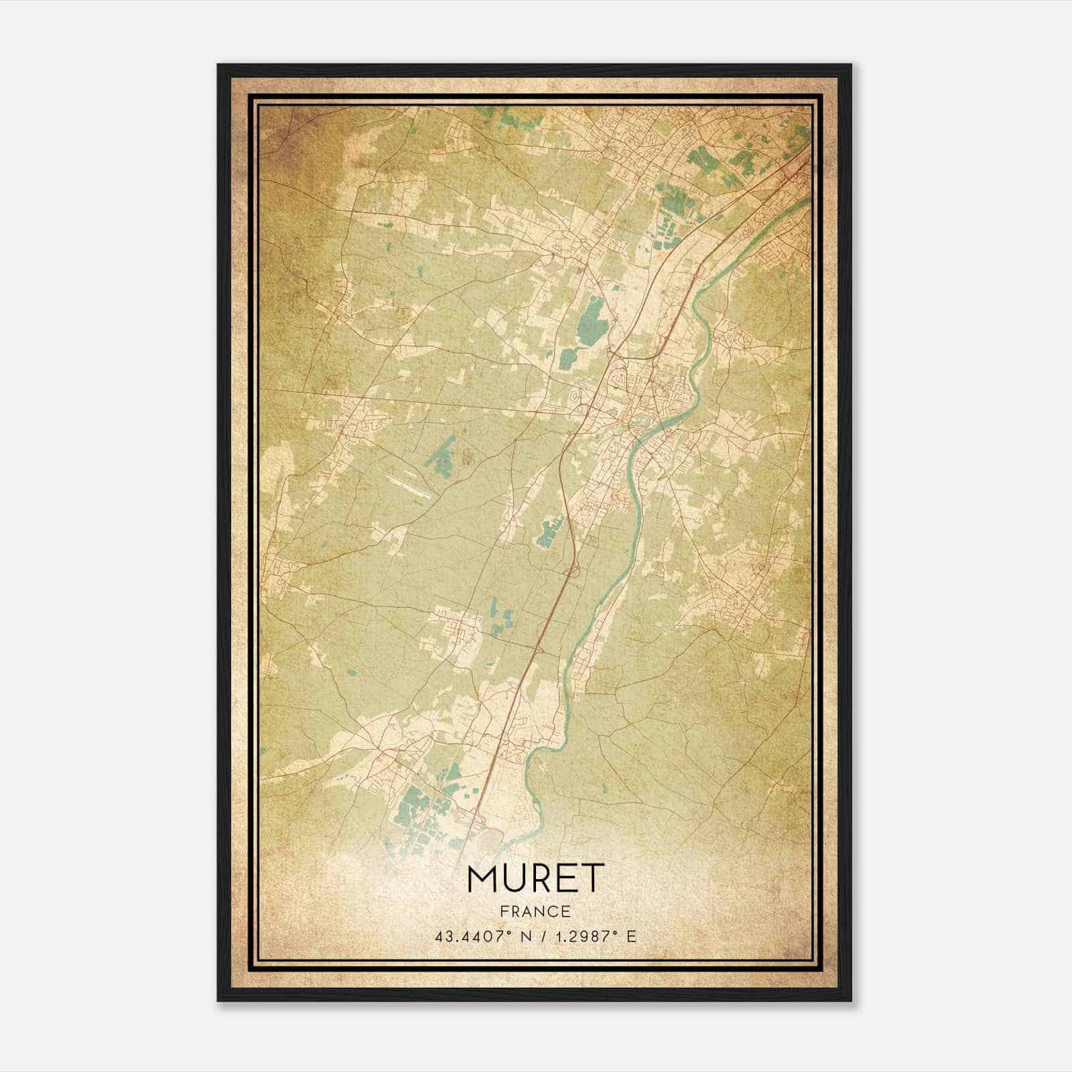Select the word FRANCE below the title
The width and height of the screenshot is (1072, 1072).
tap(535, 911)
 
